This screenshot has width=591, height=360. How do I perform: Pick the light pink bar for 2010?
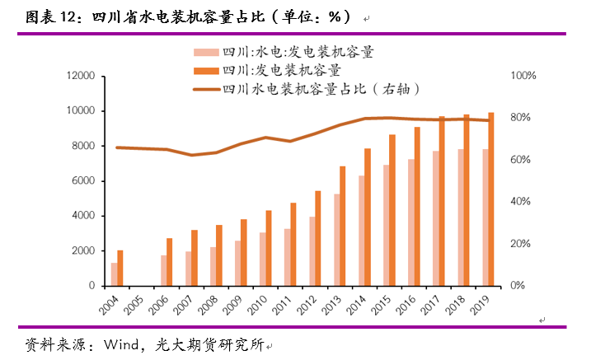263,259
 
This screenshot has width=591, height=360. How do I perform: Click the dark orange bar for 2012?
317,238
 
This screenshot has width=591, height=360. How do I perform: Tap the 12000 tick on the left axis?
82,76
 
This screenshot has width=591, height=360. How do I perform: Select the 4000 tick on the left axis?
86,216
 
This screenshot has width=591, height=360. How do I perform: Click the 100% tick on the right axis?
525,76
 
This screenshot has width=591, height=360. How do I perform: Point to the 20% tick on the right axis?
523,244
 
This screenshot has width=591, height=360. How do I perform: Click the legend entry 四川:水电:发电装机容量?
293,53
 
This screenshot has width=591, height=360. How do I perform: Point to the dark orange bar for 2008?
219,255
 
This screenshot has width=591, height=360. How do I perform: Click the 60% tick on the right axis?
523,160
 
